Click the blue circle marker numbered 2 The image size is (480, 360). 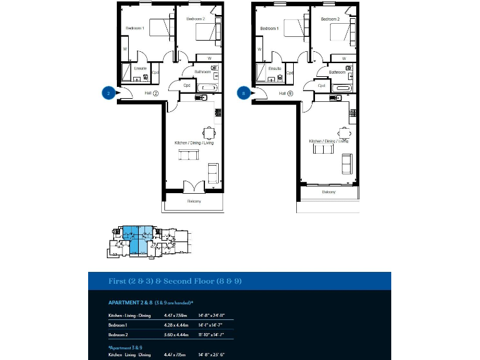(109, 93)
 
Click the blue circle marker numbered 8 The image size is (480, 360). (244, 93)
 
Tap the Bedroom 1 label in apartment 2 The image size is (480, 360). (135, 28)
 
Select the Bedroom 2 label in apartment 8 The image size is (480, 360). (330, 19)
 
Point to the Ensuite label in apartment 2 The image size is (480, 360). (140, 67)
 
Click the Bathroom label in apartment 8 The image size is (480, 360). (337, 72)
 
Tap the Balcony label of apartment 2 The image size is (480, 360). (194, 201)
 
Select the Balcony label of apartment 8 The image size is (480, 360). (329, 192)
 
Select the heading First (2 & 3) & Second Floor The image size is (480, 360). (175, 281)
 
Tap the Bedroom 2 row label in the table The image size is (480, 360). (118, 334)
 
